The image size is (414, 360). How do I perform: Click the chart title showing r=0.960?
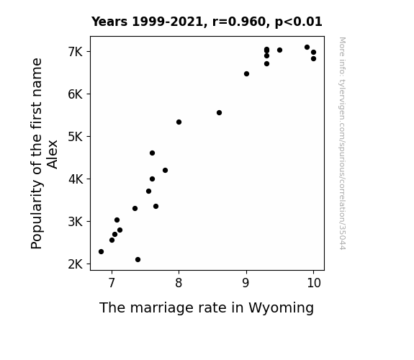click(x=207, y=22)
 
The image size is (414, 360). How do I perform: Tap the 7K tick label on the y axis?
click(x=76, y=52)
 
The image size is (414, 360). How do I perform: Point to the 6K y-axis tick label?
click(x=76, y=94)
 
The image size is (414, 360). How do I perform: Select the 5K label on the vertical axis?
click(x=76, y=137)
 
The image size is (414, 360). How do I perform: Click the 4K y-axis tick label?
click(x=76, y=179)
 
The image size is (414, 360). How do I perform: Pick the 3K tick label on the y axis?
click(x=76, y=222)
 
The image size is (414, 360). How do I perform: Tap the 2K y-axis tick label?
click(x=76, y=264)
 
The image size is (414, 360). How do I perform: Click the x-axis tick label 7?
click(x=112, y=283)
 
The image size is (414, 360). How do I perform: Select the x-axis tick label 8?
click(x=179, y=283)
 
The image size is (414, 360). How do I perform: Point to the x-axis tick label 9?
click(x=246, y=283)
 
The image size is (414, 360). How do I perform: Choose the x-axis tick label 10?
click(x=314, y=283)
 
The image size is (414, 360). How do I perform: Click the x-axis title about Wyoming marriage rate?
click(x=207, y=308)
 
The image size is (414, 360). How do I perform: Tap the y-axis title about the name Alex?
click(x=44, y=153)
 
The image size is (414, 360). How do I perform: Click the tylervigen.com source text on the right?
click(x=342, y=143)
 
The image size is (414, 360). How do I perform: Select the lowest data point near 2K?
click(x=138, y=260)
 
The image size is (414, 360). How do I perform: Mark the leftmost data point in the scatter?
click(x=101, y=252)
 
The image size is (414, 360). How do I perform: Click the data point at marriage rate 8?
click(x=179, y=122)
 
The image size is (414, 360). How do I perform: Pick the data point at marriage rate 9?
click(x=246, y=74)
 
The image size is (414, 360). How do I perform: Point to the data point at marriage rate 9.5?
click(x=279, y=50)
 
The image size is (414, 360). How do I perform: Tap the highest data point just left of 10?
click(x=307, y=48)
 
